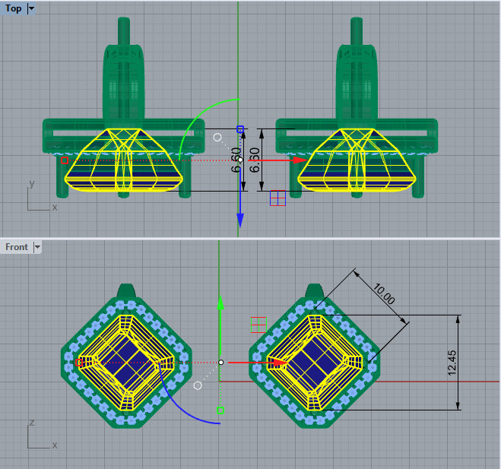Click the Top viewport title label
14,8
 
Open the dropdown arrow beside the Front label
36,247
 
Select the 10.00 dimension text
383,294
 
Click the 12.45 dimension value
472,363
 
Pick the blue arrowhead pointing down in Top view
239,220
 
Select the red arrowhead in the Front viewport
278,363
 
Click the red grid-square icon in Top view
277,198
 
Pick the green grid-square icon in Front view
258,325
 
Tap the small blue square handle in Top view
240,130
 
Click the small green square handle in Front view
220,410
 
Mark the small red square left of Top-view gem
64,160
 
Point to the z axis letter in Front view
31,422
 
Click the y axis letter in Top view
31,184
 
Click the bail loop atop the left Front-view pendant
127,291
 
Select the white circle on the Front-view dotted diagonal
198,385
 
